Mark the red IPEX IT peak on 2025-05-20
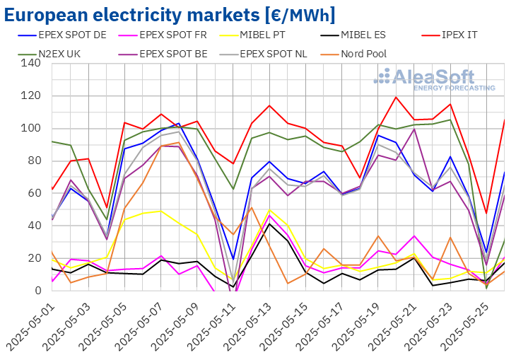tap(396, 97)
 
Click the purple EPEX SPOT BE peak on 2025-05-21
tap(414, 129)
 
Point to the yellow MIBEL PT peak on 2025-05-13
tap(269, 210)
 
